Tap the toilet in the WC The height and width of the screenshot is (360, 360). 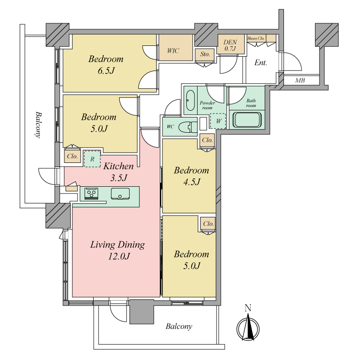coord(188,127)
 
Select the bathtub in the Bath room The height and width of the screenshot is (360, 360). coord(247,120)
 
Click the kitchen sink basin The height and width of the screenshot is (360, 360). coord(120,193)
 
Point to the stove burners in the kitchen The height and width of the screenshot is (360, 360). coord(91,193)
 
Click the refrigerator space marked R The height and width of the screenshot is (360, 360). coord(92,159)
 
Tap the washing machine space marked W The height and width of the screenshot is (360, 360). coord(218,121)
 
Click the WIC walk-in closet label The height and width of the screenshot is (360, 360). coord(173,51)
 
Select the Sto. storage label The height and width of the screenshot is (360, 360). coord(205,54)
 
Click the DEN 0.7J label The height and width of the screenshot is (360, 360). coord(230,45)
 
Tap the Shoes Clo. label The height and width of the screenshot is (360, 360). coord(256,38)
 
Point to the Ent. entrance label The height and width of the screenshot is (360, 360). coord(261,63)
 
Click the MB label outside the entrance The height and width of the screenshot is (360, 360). coord(300,81)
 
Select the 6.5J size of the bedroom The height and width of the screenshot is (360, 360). coord(106,71)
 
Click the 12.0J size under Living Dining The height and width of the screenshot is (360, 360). coord(119,256)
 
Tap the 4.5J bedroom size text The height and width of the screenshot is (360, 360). coord(192,182)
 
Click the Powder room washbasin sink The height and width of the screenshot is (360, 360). coord(190,100)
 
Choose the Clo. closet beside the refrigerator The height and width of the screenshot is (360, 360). coord(72,156)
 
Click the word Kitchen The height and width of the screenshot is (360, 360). coord(118,166)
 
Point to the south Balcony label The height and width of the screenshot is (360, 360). coord(179,326)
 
